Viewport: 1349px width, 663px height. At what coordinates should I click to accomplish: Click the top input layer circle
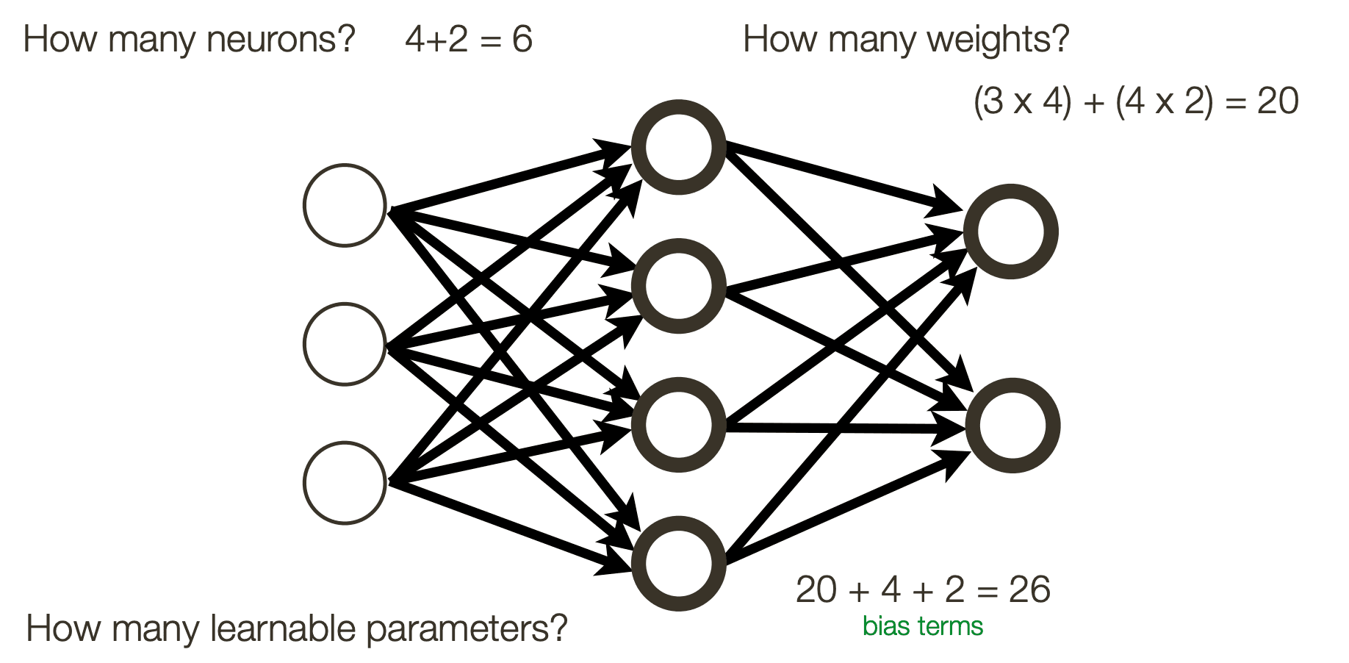click(x=345, y=205)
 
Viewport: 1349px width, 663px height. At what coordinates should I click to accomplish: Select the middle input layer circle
click(x=345, y=344)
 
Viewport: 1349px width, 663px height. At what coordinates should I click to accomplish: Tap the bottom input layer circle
click(x=345, y=483)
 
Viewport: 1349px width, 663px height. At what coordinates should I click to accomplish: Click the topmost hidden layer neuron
click(x=678, y=147)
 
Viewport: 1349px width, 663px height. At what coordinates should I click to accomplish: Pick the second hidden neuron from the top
click(x=678, y=286)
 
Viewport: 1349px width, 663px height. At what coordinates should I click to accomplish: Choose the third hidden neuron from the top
click(x=678, y=425)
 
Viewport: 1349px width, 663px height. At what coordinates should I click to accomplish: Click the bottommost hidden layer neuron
click(x=678, y=564)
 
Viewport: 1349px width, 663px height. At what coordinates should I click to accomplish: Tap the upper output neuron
click(x=1012, y=232)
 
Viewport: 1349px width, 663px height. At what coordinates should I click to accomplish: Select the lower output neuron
click(x=1012, y=426)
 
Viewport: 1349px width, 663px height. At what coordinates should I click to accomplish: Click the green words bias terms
click(x=923, y=626)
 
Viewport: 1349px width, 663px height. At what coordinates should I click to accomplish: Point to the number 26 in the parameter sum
click(x=1029, y=589)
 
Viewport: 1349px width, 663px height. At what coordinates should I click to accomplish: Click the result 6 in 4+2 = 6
click(x=522, y=39)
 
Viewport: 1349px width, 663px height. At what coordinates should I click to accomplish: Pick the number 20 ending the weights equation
click(x=1278, y=101)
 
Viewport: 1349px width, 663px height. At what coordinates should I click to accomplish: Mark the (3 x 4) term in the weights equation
click(x=1022, y=101)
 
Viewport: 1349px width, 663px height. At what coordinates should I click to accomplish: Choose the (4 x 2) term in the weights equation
click(x=1164, y=101)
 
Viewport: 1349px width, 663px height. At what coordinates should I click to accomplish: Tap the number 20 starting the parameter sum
click(x=816, y=589)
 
